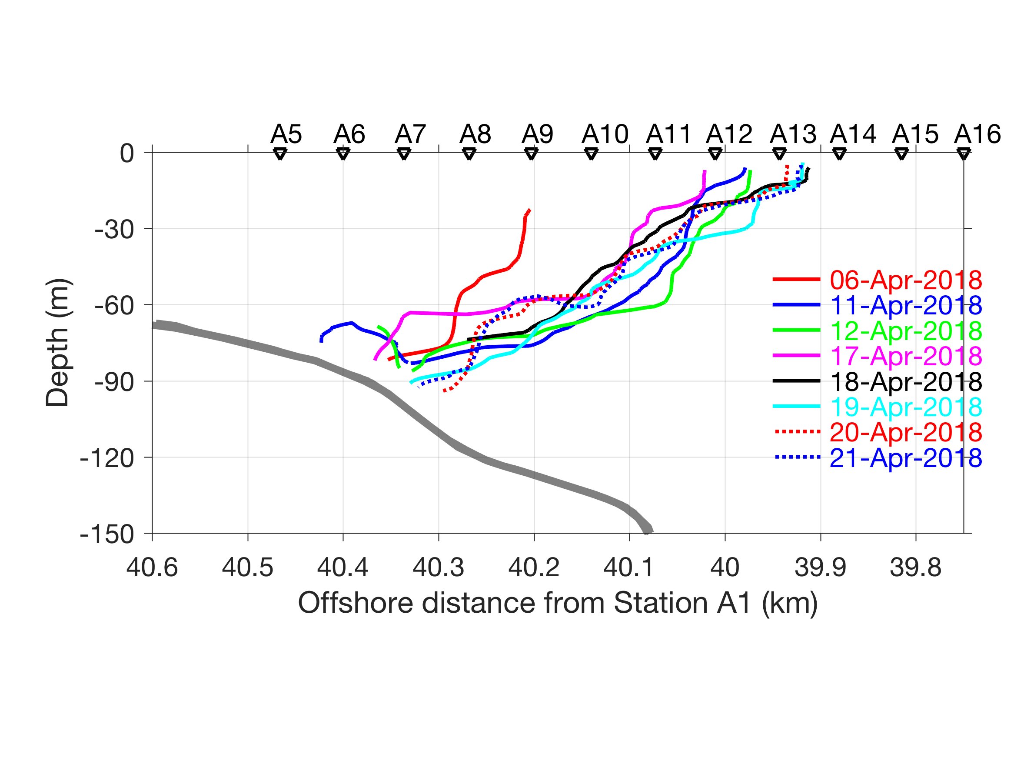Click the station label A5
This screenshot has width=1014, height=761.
pyautogui.click(x=286, y=134)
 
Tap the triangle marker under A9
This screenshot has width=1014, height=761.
pyautogui.click(x=531, y=154)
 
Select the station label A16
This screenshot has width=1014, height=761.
pyautogui.click(x=977, y=134)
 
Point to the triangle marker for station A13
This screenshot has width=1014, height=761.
pyautogui.click(x=779, y=154)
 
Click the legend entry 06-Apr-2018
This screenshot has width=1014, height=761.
pyautogui.click(x=906, y=280)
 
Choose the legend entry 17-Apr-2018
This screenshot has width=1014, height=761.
pyautogui.click(x=906, y=356)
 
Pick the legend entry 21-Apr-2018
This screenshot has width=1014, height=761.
pyautogui.click(x=906, y=458)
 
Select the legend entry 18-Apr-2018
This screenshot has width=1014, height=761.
pyautogui.click(x=906, y=382)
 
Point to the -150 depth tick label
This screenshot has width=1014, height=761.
pyautogui.click(x=107, y=534)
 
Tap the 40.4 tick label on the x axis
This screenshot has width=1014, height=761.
pyautogui.click(x=343, y=567)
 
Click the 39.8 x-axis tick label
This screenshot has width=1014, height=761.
pyautogui.click(x=915, y=567)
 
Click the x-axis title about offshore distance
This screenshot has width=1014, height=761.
pyautogui.click(x=558, y=603)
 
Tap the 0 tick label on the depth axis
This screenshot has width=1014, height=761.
pyautogui.click(x=127, y=154)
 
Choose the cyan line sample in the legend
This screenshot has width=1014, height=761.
pyautogui.click(x=797, y=407)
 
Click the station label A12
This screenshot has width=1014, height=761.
pyautogui.click(x=729, y=134)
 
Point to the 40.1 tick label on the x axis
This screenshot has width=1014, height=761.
pyautogui.click(x=629, y=567)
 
